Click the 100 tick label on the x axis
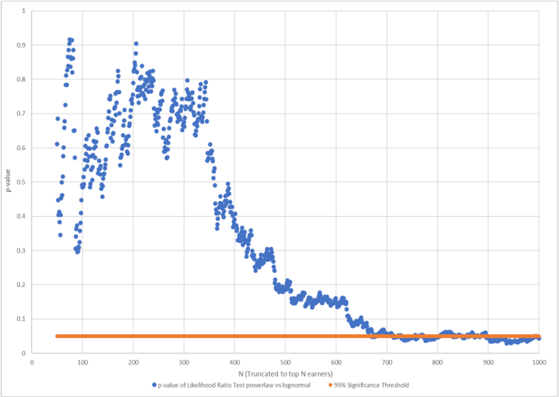point(82,361)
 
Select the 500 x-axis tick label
point(285,361)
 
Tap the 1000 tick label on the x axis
point(539,361)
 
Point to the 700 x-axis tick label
point(387,361)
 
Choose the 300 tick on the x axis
point(184,361)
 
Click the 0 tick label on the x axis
point(32,361)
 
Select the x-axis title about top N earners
point(285,372)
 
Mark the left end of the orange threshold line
point(57,336)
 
